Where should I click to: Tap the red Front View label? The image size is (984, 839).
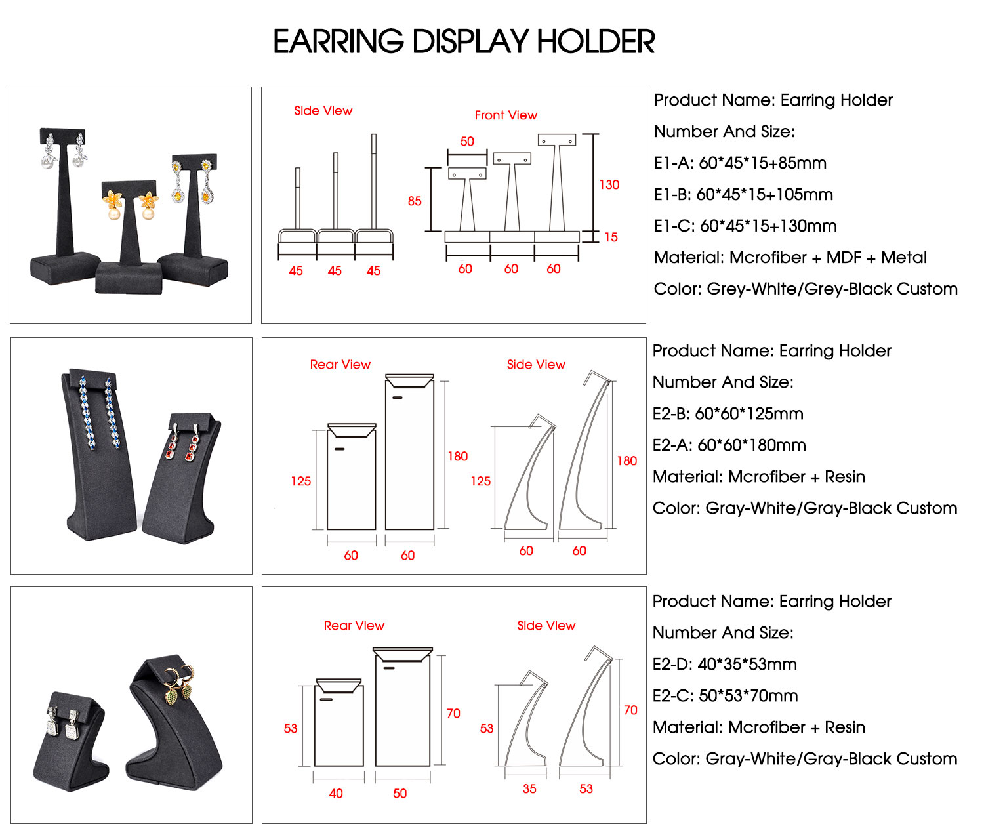point(506,115)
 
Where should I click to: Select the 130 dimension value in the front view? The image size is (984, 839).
point(609,185)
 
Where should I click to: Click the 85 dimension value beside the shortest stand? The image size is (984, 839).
point(414,201)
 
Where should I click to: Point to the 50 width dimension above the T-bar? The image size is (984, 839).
point(467,142)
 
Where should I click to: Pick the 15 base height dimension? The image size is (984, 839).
point(611,237)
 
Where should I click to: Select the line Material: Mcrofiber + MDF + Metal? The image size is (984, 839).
point(790,258)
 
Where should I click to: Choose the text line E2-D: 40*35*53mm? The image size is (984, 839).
point(724,665)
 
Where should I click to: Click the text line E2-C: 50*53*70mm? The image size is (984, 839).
point(724,696)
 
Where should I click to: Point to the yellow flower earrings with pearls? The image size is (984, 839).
point(129,204)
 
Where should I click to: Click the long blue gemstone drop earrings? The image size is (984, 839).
point(98,413)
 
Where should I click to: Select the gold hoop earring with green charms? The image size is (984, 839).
point(179,684)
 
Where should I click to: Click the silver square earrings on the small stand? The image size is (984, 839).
point(62,724)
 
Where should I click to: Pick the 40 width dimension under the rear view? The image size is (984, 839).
point(336,793)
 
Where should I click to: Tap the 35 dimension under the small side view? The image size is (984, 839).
point(529,788)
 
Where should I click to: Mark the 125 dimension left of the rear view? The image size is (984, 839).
point(301,481)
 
